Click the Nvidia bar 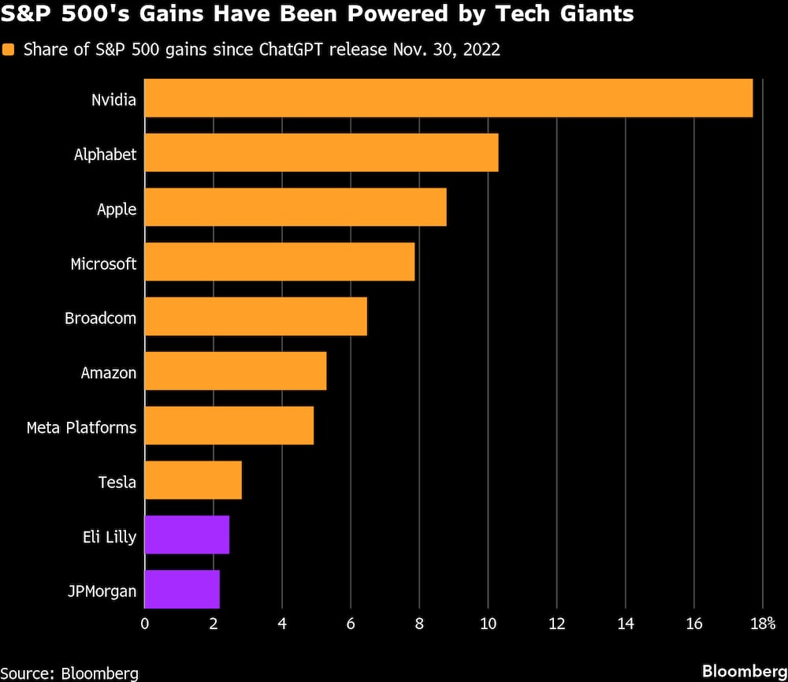pos(448,98)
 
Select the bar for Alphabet pos(321,152)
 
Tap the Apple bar pos(295,207)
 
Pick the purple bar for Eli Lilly pos(187,535)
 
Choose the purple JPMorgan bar pos(182,590)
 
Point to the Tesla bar pos(193,480)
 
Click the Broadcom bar pos(255,316)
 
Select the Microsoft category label pos(103,263)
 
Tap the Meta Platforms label pos(81,427)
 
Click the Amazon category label pos(109,372)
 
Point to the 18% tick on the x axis pos(764,624)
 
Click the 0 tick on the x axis pos(144,624)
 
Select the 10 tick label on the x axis pos(488,624)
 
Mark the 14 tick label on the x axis pos(625,624)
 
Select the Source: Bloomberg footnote pos(69,673)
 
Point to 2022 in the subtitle pos(483,50)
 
